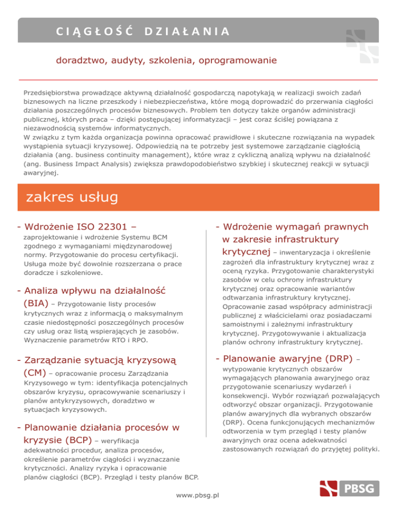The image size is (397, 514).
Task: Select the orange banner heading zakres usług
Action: pyautogui.click(x=68, y=197)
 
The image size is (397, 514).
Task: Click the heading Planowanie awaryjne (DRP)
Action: pyautogui.click(x=287, y=358)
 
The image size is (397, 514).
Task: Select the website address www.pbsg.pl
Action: pyautogui.click(x=198, y=495)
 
